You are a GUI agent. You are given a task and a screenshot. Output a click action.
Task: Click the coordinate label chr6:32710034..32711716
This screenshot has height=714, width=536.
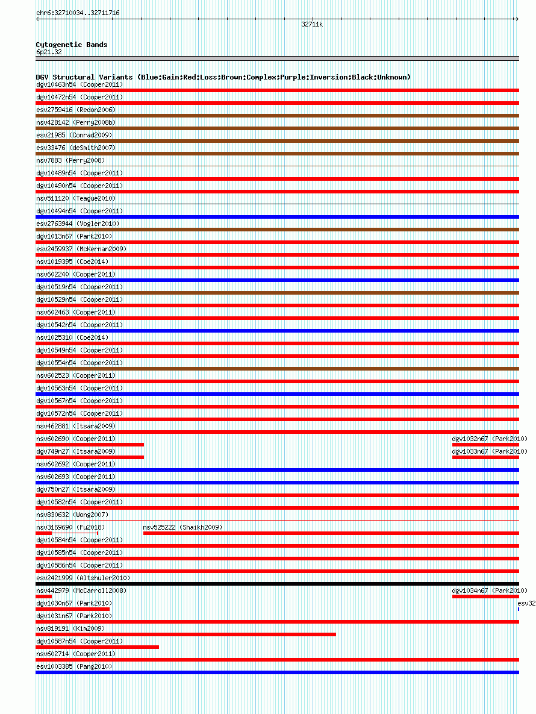click(78, 13)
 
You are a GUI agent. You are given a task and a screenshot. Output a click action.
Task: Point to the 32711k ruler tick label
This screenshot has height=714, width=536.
click(312, 25)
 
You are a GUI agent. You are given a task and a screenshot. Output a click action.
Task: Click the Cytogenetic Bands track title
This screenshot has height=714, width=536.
click(72, 45)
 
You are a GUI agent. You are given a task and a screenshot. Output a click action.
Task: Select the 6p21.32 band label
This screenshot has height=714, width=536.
click(49, 52)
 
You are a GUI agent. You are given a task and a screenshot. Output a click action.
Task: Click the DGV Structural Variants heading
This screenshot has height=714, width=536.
click(223, 77)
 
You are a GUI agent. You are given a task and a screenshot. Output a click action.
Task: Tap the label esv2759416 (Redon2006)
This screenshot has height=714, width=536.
click(76, 110)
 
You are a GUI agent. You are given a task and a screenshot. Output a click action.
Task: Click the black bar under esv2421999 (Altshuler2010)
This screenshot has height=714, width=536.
click(277, 584)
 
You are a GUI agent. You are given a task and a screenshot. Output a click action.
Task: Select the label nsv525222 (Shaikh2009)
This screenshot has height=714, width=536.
click(182, 527)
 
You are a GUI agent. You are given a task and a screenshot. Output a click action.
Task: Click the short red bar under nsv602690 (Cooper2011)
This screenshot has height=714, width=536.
click(90, 445)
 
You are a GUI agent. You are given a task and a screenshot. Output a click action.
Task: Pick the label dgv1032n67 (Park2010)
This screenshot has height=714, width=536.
click(490, 439)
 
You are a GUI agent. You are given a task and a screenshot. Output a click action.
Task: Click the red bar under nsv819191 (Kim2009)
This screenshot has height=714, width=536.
click(185, 634)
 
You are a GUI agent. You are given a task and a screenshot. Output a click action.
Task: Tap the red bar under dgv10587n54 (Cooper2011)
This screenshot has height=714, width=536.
click(97, 647)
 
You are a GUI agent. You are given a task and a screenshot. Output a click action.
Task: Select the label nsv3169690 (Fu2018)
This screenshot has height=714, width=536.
click(70, 527)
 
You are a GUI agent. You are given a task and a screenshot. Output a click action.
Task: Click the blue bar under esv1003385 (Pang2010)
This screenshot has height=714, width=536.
click(277, 672)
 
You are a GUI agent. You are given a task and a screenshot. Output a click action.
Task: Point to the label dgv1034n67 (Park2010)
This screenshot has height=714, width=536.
click(490, 590)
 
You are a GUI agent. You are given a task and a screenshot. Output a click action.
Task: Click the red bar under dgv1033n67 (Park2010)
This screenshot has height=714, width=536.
click(485, 457)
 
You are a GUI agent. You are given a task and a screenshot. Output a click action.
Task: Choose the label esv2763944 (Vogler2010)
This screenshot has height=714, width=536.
click(78, 224)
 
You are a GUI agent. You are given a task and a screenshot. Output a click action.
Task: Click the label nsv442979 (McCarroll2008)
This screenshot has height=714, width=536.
click(81, 590)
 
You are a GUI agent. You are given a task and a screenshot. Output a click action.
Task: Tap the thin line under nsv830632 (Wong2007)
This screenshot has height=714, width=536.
click(277, 521)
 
